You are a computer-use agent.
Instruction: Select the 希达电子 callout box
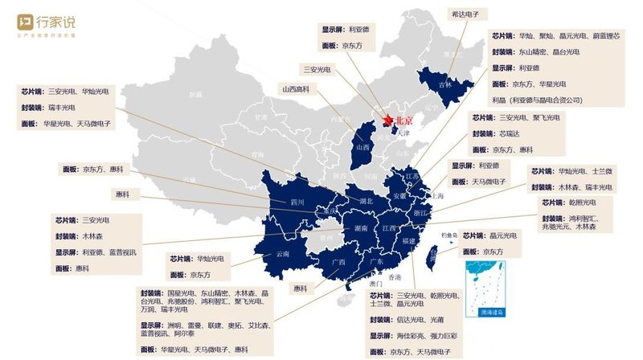(469, 14)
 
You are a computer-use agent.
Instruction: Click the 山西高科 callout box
(296, 88)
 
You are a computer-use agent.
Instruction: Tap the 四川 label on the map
(297, 202)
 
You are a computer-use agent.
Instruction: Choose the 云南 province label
(282, 252)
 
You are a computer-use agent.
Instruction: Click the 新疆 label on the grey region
(195, 95)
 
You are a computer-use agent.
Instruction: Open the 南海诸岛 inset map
(481, 285)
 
